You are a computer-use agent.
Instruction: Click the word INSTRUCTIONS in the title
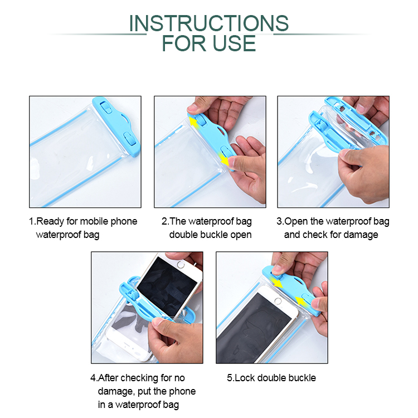(x=209, y=23)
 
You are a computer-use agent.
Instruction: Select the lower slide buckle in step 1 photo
(x=130, y=139)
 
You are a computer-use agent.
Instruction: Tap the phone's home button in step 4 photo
(x=181, y=265)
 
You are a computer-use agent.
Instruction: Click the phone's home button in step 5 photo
(x=278, y=301)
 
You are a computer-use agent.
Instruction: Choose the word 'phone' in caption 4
(x=183, y=391)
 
